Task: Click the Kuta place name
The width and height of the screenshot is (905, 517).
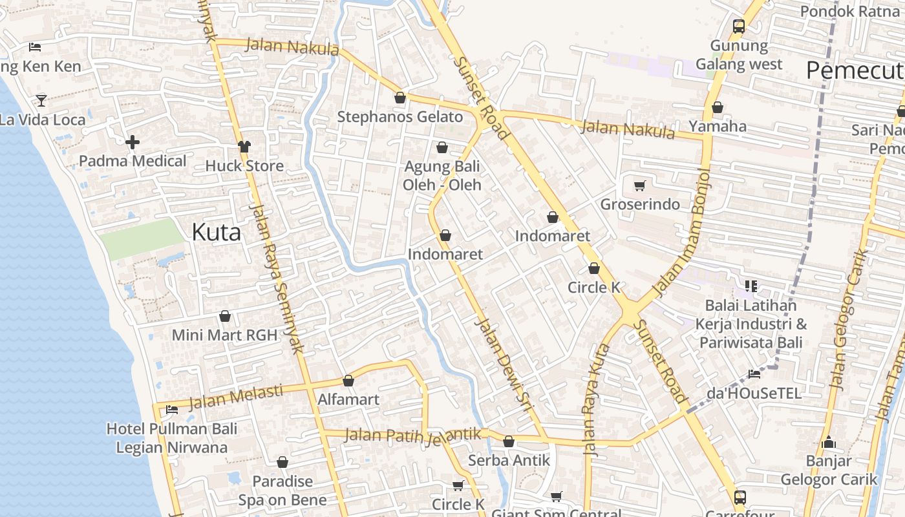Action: click(216, 232)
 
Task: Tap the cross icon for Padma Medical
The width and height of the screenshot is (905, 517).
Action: click(133, 142)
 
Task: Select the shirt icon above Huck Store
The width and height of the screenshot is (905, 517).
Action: click(244, 147)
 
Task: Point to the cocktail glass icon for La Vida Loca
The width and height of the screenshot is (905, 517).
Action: click(41, 100)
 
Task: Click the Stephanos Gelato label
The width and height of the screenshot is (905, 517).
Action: click(400, 117)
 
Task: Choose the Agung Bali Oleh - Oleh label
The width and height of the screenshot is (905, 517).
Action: click(442, 176)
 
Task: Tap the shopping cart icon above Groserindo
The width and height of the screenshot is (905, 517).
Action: click(639, 186)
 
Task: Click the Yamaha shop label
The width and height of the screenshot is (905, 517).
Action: click(718, 126)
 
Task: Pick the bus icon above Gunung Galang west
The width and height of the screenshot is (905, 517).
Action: click(739, 26)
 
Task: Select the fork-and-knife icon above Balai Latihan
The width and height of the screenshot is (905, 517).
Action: click(751, 286)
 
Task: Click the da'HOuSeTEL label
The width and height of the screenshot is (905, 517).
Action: click(754, 393)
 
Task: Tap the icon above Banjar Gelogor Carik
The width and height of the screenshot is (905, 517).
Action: click(829, 443)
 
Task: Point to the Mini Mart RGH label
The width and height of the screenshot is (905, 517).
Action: click(224, 335)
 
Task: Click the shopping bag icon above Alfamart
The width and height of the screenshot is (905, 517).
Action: click(348, 381)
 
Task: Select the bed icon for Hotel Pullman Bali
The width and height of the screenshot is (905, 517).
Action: click(172, 410)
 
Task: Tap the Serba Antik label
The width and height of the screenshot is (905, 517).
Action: click(509, 460)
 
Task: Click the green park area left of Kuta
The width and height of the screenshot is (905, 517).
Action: click(143, 238)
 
